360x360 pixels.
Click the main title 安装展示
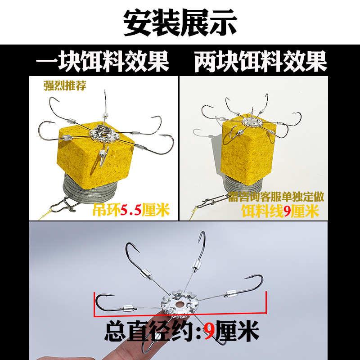pos(180,22)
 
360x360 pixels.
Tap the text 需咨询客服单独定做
pos(276,197)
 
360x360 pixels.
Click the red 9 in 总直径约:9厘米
pos(208,333)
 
